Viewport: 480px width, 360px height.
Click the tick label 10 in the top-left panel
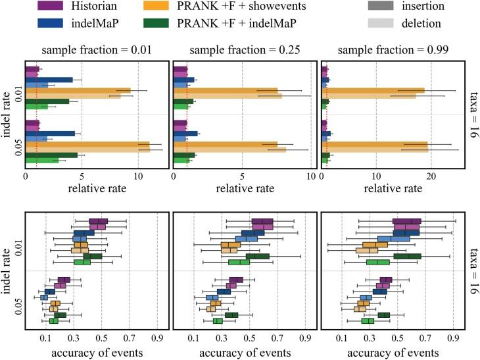coord(137,176)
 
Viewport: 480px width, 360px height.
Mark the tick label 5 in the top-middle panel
coord(243,176)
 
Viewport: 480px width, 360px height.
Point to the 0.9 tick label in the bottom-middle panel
coord(305,340)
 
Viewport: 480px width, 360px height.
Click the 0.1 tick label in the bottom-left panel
coord(46,340)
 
